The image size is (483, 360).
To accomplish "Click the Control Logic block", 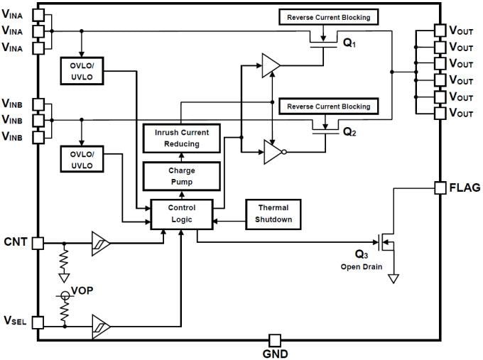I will pos(181,214).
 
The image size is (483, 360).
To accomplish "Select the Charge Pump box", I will pos(181,176).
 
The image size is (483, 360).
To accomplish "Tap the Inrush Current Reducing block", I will pos(181,138).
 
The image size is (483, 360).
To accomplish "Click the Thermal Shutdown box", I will pos(273,214).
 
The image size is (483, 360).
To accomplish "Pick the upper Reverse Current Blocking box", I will pos(328,16).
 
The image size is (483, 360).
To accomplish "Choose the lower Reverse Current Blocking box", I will pos(328,107).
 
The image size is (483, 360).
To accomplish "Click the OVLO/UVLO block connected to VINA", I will pos(82,70).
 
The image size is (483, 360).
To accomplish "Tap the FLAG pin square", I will pos(440,187).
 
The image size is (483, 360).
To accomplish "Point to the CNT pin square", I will pos(38,242).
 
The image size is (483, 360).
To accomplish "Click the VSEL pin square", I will pos(38,322).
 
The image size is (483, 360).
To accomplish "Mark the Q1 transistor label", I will pos(349,43).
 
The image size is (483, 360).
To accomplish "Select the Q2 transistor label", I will pos(349,131).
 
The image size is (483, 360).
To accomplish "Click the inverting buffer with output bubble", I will pos(275,151).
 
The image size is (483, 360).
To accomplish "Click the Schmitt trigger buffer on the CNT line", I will pos(102,242).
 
